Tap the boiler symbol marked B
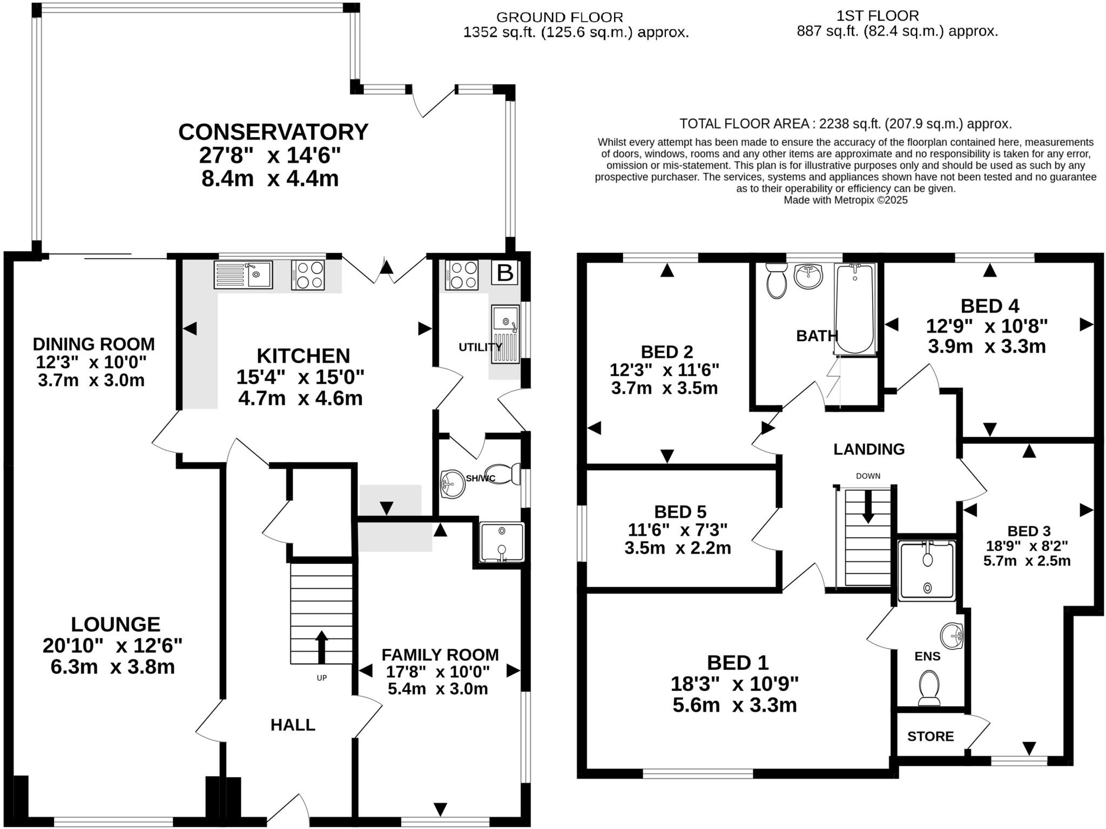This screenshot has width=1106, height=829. (x=504, y=273)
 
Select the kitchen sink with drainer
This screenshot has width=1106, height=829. (x=243, y=274)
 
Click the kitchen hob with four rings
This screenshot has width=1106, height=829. (x=308, y=275)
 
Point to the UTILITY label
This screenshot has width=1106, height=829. (x=480, y=347)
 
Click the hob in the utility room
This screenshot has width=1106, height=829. (x=461, y=275)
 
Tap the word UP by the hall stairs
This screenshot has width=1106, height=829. (x=321, y=678)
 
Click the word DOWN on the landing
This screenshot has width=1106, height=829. (x=868, y=476)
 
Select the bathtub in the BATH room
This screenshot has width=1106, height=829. (x=854, y=308)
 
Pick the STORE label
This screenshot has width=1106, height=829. (x=930, y=737)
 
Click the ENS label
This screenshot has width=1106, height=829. (x=927, y=656)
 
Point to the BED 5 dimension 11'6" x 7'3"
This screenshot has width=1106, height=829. (x=678, y=529)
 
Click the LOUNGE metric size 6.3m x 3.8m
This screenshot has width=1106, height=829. (x=112, y=667)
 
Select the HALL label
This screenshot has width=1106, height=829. (x=293, y=725)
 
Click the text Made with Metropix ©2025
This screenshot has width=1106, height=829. (x=845, y=200)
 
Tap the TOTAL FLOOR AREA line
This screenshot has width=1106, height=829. (x=845, y=124)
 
